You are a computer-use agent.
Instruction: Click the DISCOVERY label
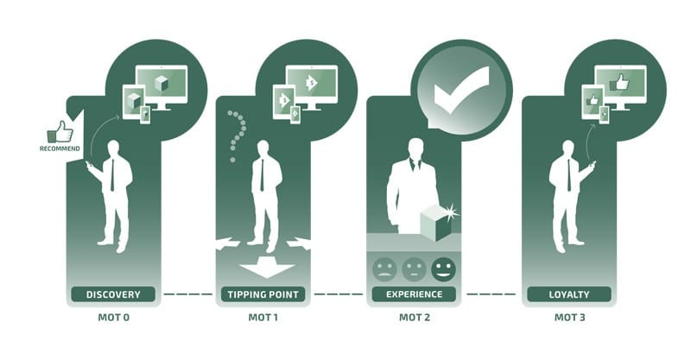(113, 294)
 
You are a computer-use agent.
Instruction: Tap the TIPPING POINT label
(263, 294)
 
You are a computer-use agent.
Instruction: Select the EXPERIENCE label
(415, 294)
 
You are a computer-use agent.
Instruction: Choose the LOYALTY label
(569, 294)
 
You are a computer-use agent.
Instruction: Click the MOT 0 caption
(114, 317)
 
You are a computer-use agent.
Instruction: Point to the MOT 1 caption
(263, 317)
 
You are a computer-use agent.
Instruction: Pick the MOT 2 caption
(415, 317)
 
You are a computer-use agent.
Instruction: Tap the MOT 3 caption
(570, 317)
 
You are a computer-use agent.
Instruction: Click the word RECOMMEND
(60, 148)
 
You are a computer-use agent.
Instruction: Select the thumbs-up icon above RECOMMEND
(60, 132)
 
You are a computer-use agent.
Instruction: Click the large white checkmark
(461, 91)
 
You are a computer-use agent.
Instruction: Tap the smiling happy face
(443, 268)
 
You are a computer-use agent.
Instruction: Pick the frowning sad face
(384, 268)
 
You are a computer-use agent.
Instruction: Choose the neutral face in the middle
(415, 268)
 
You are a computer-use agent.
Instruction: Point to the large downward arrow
(267, 268)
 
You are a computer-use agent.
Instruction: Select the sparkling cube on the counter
(438, 223)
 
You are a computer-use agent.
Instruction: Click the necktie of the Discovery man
(112, 175)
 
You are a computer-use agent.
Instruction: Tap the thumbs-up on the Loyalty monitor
(619, 82)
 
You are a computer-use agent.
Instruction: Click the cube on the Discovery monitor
(162, 83)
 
